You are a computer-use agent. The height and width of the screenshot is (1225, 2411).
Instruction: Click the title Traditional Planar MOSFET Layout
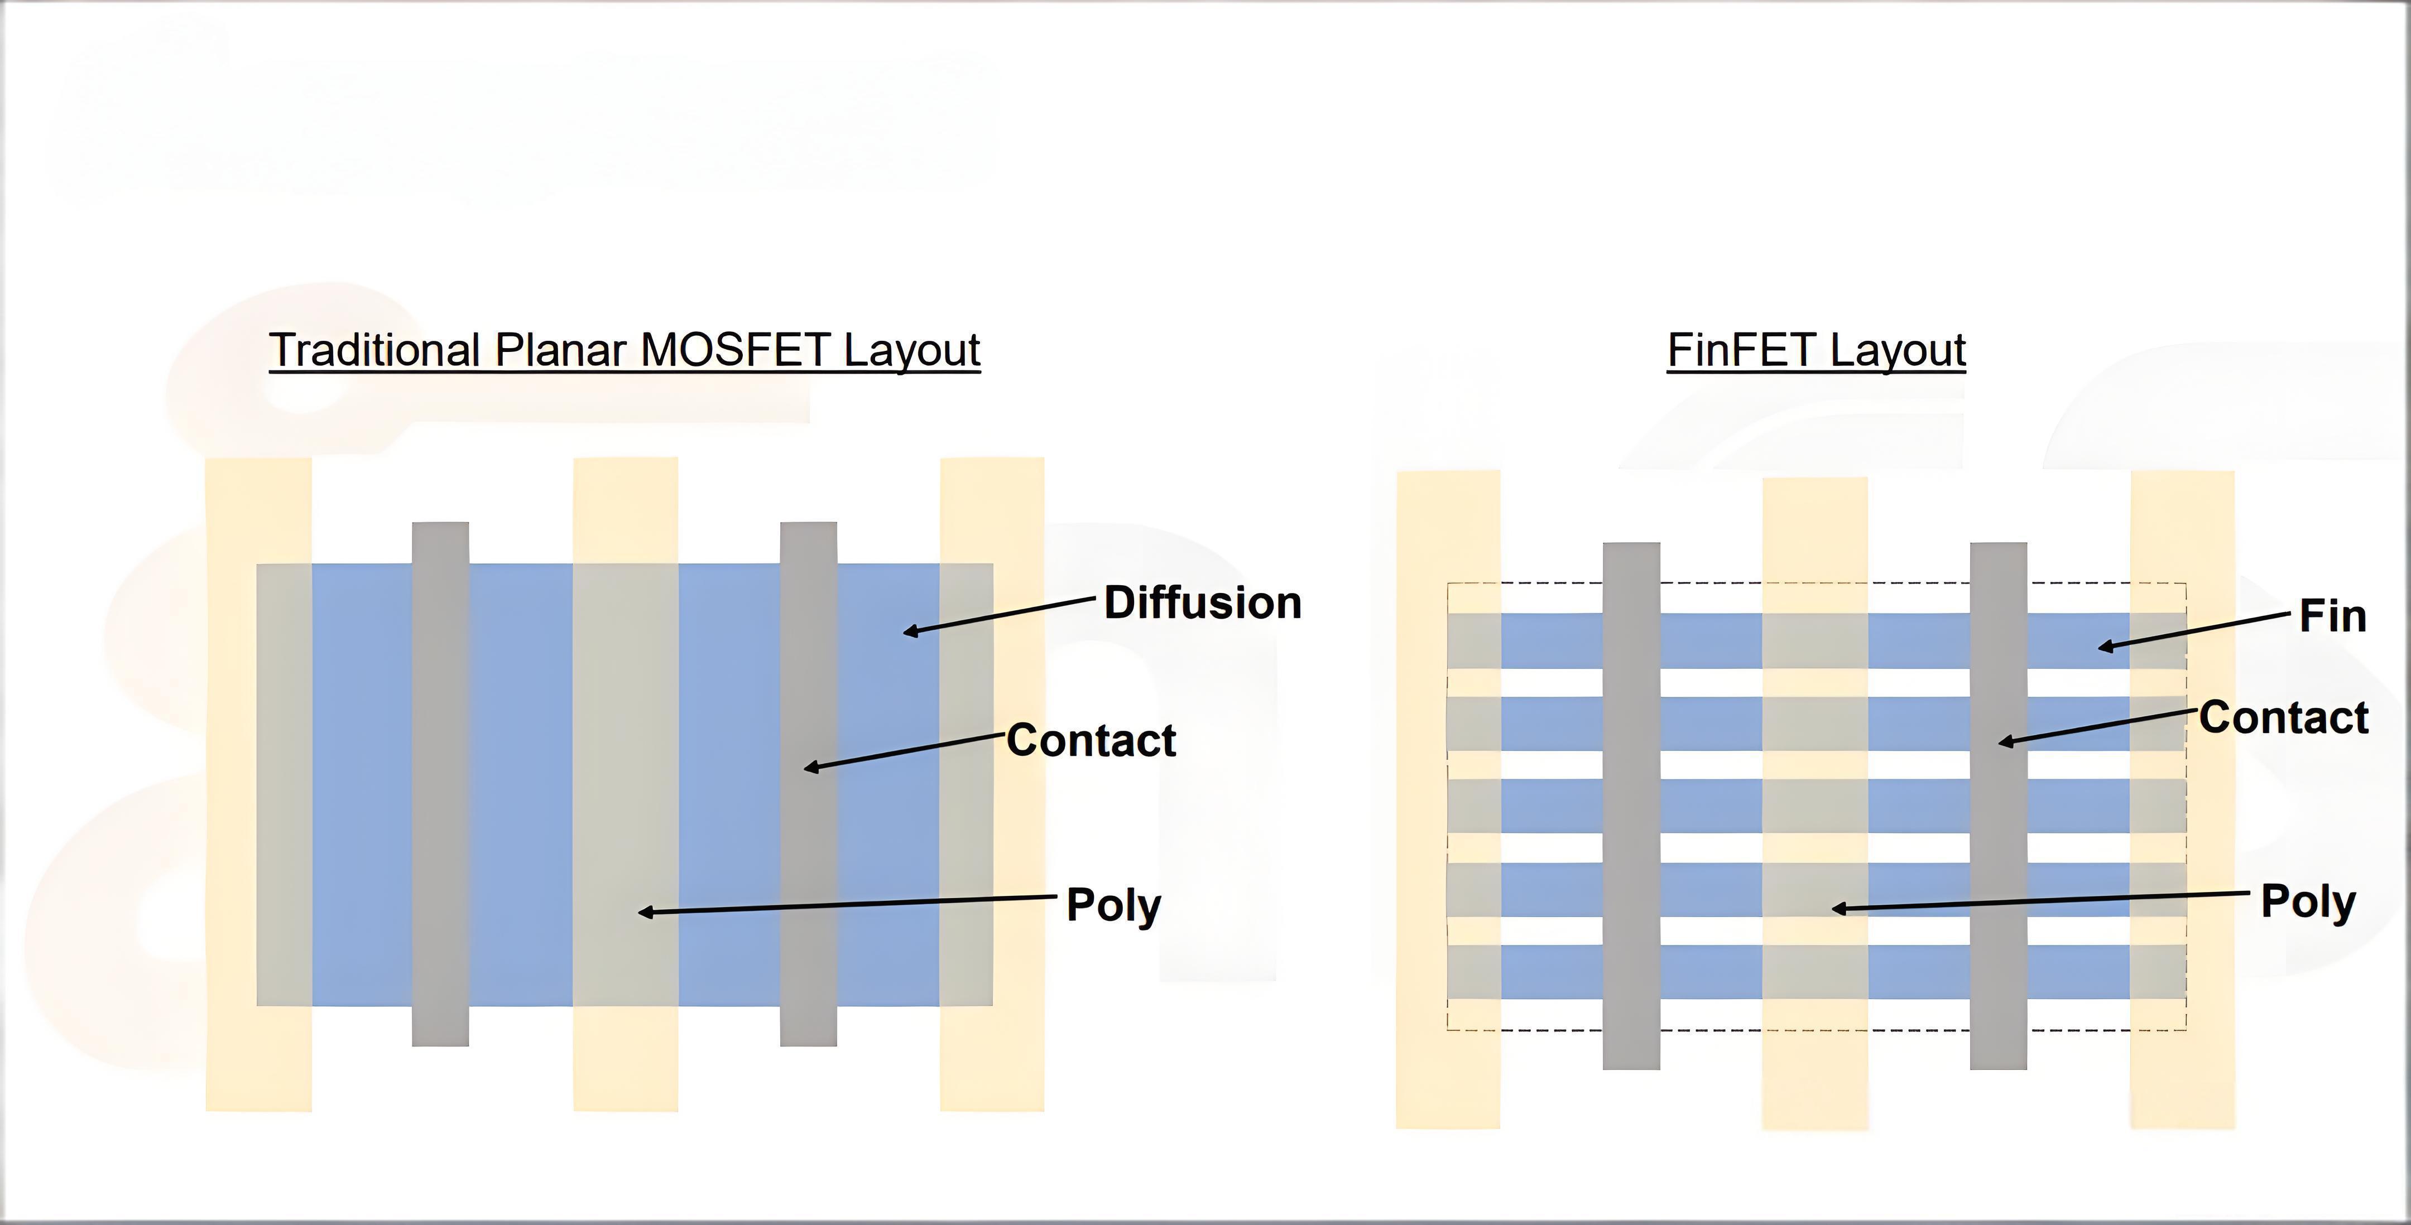(x=625, y=350)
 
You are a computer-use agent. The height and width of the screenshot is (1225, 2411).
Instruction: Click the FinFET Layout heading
(x=1816, y=350)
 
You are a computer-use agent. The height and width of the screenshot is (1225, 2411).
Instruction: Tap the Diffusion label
(x=1203, y=602)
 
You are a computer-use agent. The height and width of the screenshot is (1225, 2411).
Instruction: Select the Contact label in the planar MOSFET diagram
(x=1091, y=740)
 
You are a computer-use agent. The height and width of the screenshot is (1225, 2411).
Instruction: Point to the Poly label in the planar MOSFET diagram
(x=1114, y=905)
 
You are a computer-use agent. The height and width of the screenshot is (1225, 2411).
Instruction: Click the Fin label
(x=2332, y=617)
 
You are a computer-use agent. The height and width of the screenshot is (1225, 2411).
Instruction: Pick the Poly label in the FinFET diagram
(x=2308, y=901)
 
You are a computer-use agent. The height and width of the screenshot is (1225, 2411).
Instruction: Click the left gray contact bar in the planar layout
(x=440, y=784)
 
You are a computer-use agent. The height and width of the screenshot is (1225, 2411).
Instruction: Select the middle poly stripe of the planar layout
(x=625, y=784)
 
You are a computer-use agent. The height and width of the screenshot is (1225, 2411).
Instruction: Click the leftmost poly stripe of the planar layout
(x=258, y=784)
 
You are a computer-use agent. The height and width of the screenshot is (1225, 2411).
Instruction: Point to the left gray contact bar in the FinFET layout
(x=1631, y=806)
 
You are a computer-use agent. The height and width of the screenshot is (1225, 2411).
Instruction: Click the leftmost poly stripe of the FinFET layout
(x=1448, y=800)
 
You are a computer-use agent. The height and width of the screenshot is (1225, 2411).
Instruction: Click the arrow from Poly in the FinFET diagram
(x=2040, y=900)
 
